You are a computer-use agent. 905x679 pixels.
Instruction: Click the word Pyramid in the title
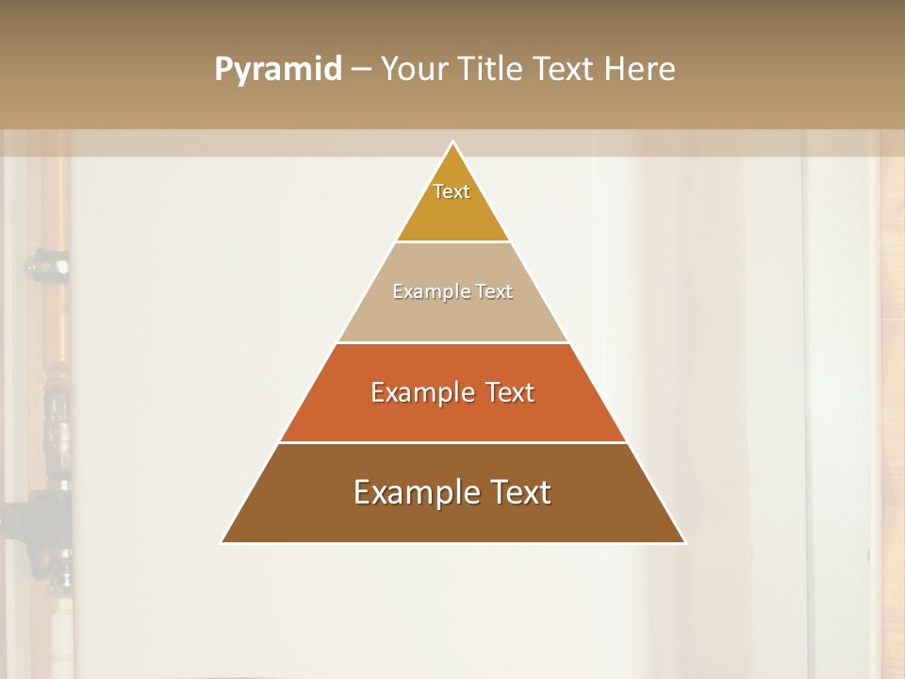pos(278,70)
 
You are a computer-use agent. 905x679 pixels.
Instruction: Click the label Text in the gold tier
pos(452,191)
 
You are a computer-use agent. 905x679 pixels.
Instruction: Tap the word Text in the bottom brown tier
pos(520,492)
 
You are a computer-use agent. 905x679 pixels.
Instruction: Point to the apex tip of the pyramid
pos(453,143)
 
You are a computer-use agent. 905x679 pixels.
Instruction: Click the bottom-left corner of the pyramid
pos(223,541)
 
